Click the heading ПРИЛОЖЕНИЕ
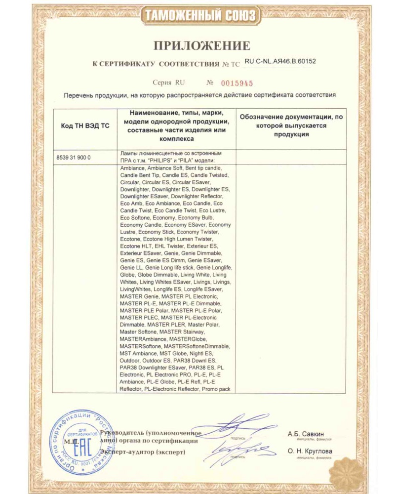point(202,46)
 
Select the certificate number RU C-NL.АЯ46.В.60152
point(280,62)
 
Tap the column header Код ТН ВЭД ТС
point(85,126)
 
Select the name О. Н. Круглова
point(310,451)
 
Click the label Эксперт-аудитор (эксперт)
point(143,452)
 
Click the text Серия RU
point(169,82)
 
